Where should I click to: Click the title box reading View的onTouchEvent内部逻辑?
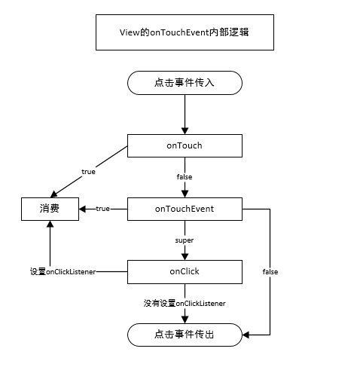185,32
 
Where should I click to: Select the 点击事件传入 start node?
185,83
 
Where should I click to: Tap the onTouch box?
185,145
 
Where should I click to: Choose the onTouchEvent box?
185,209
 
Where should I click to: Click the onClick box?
185,272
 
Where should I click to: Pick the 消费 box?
50,209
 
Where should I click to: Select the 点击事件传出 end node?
185,335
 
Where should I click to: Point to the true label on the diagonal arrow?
88,172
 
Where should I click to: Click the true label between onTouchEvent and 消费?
102,209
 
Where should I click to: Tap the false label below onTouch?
185,177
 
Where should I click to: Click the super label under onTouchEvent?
185,240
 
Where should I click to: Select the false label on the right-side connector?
270,272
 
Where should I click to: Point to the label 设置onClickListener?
63,272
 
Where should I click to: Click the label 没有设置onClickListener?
185,304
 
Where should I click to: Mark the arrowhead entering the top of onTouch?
185,131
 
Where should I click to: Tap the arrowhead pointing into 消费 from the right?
82,209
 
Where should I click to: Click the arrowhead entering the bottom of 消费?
50,224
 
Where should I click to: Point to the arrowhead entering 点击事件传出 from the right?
246,335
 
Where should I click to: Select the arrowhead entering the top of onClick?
185,257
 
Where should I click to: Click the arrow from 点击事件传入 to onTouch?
185,115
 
